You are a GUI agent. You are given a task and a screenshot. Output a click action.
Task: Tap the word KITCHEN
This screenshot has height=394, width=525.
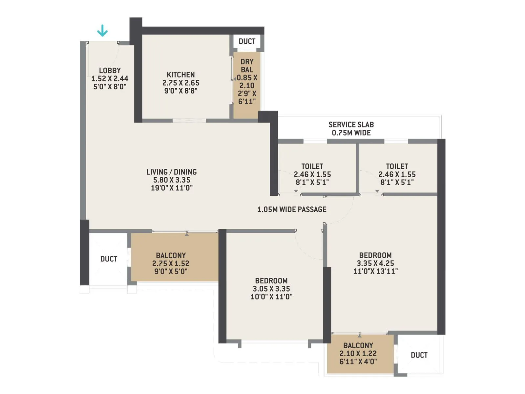[180, 75]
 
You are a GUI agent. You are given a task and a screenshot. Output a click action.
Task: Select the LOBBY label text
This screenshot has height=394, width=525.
[110, 71]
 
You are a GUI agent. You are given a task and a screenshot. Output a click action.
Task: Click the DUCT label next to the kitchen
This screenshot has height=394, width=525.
[247, 41]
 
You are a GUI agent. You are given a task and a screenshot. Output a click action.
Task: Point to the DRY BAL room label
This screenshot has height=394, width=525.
[247, 66]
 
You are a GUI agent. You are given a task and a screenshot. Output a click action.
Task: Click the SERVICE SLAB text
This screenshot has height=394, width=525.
[351, 125]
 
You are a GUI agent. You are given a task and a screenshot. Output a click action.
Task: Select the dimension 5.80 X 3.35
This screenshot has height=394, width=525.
[172, 180]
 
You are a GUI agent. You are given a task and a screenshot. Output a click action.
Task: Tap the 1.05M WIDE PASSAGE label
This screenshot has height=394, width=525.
[292, 209]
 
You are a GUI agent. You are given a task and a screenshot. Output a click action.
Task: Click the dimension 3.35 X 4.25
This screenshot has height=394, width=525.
[375, 263]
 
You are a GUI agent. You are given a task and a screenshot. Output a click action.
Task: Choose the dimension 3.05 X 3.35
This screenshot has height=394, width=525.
[271, 289]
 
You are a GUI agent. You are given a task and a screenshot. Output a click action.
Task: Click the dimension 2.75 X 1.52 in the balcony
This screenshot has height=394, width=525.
[171, 263]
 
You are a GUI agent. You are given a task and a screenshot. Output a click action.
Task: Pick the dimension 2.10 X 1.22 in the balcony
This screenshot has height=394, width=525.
[358, 354]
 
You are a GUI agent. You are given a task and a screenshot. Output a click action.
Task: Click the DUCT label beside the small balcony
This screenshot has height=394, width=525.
[419, 355]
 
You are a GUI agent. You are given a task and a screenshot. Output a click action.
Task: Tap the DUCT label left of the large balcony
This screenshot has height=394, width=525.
[109, 259]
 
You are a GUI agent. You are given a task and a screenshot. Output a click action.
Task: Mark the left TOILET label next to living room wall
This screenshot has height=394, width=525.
[312, 166]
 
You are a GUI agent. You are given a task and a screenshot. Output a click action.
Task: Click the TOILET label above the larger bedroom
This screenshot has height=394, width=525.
[397, 166]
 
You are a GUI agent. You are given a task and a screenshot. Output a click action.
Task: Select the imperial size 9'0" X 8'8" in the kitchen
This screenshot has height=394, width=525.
[180, 91]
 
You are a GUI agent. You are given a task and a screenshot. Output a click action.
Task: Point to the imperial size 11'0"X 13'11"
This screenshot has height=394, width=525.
[375, 271]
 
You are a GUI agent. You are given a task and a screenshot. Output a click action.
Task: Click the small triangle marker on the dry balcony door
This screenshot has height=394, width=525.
[234, 79]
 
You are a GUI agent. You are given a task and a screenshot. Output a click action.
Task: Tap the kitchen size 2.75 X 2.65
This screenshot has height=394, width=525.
[180, 83]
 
